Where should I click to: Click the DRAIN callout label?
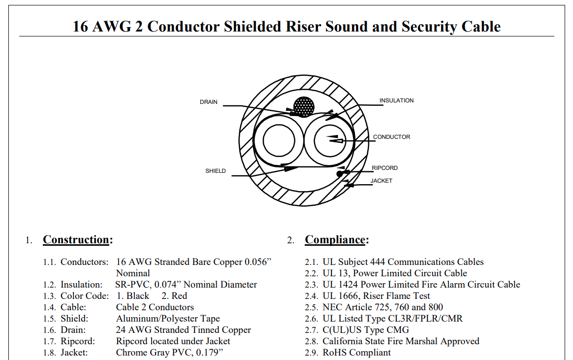pos(208,102)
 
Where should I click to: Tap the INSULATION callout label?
pos(396,100)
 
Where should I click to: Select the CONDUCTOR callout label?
pos(391,137)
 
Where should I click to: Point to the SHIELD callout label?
pos(216,171)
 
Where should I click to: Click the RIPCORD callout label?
pos(385,168)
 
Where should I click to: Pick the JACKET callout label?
pos(381,181)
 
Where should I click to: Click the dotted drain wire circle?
pos(304,107)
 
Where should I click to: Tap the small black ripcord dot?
pos(340,174)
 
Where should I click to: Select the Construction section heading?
pos(76,240)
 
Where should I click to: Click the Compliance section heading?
pos(335,240)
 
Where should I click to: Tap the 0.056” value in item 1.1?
pos(258,262)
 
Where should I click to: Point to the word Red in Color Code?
pos(179,296)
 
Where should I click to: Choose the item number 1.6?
pos(49,330)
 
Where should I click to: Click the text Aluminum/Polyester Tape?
pos(168,319)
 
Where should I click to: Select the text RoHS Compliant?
pos(357,353)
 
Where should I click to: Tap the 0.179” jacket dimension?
pos(210,353)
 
